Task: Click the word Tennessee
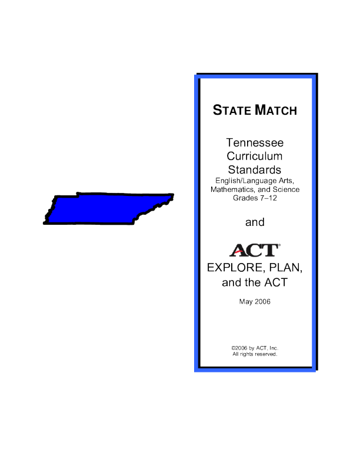coord(255,143)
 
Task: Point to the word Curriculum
coord(255,157)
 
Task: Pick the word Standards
coord(255,170)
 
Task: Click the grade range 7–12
coord(268,198)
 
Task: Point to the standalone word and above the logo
coord(255,222)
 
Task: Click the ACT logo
coord(254,251)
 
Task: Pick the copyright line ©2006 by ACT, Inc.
coord(255,348)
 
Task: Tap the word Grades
coord(245,198)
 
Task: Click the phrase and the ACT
coord(255,283)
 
